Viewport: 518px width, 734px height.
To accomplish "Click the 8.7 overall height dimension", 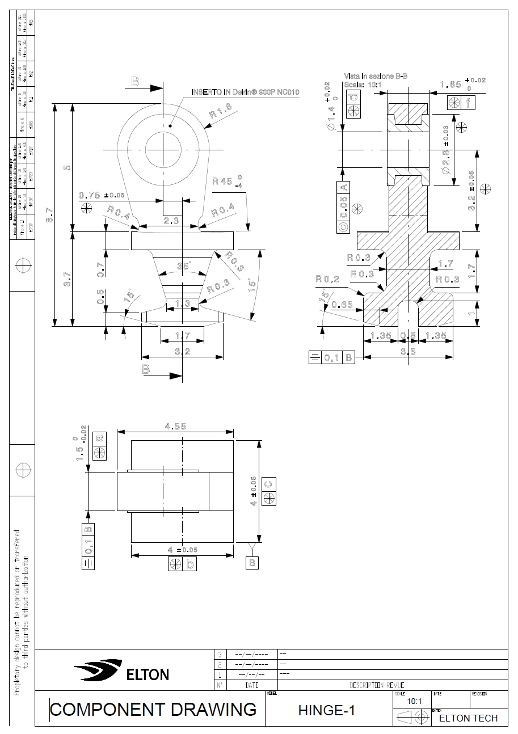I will [50, 215].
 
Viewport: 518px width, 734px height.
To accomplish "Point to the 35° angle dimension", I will [183, 266].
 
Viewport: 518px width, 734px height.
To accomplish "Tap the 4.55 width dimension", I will [175, 427].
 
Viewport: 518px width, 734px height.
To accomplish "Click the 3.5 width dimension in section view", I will [408, 352].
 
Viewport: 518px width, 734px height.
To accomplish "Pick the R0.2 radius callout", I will [327, 279].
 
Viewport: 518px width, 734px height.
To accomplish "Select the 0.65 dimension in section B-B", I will [342, 305].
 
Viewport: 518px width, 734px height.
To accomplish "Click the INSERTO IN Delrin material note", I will [245, 92].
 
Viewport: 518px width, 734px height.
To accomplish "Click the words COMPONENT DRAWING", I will [153, 709].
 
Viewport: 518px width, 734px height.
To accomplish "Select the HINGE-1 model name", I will [327, 710].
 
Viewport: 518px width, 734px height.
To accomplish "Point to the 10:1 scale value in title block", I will [415, 701].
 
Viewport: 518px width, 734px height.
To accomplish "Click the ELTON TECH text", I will [469, 718].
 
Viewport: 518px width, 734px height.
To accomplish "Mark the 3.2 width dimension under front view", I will [182, 352].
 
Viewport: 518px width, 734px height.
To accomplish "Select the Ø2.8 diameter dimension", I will [445, 162].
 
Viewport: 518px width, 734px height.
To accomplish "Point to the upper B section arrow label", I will [135, 82].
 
